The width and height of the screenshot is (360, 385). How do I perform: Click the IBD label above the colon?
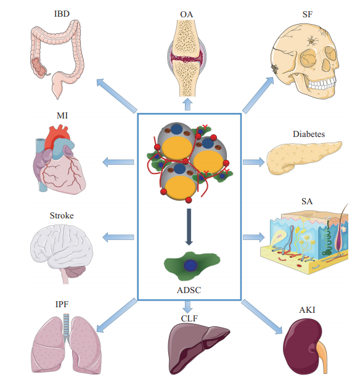[62, 14]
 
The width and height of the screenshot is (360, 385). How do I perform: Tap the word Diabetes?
[309, 134]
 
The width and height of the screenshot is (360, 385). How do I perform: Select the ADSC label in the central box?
[189, 290]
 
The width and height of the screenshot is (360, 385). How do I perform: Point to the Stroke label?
[62, 215]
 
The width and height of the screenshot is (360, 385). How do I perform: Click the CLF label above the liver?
[189, 318]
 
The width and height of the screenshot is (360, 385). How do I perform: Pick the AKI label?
[307, 310]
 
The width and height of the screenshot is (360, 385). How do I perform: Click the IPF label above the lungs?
[62, 304]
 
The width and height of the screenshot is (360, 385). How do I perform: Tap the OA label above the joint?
[187, 14]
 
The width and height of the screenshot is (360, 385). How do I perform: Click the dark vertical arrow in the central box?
[189, 227]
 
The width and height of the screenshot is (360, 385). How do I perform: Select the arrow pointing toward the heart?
[118, 162]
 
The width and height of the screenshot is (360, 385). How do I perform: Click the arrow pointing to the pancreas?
[254, 162]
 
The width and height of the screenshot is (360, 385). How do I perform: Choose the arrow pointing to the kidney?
[262, 317]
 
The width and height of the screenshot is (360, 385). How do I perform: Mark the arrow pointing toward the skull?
[258, 95]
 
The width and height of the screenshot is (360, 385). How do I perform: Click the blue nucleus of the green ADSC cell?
[190, 266]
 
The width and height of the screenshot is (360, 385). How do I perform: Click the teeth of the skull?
[322, 84]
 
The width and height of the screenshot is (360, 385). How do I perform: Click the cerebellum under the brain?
[76, 271]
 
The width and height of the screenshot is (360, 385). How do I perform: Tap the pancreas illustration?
[304, 157]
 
